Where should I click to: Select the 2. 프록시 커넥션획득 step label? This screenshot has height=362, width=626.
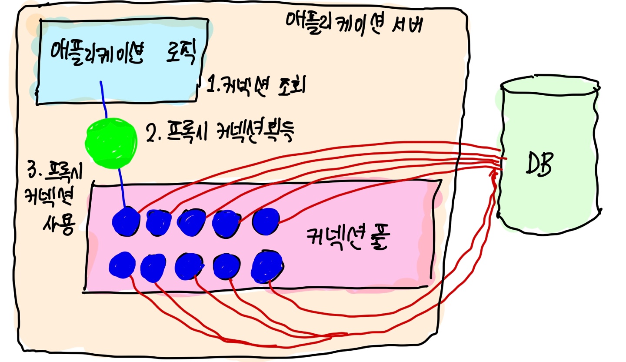point(220,134)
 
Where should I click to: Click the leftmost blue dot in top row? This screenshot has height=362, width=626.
point(126,222)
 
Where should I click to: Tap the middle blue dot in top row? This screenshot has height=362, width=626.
point(192,222)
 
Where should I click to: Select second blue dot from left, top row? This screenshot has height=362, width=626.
point(158,222)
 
